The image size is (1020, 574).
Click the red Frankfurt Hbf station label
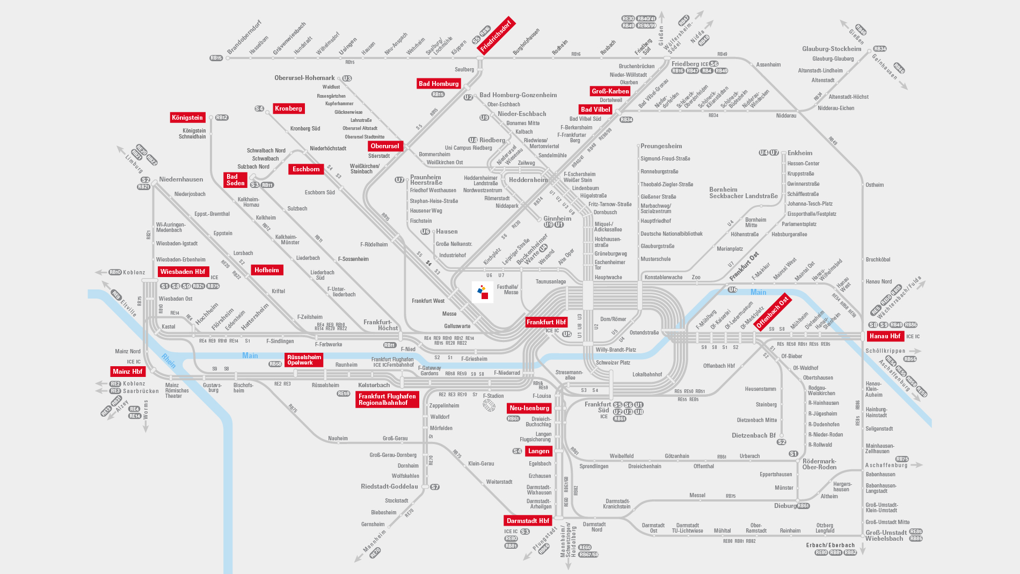pyautogui.click(x=546, y=322)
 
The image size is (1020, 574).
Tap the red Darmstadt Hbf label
pyautogui.click(x=528, y=521)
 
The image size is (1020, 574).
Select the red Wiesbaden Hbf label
pyautogui.click(x=183, y=272)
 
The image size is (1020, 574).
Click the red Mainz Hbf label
pyautogui.click(x=127, y=372)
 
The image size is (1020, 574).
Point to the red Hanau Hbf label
pyautogui.click(x=885, y=336)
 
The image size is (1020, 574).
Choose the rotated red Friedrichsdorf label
pyautogui.click(x=496, y=36)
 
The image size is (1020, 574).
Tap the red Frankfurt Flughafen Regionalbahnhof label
pyautogui.click(x=387, y=399)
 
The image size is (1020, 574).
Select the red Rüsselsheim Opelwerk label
pyautogui.click(x=304, y=360)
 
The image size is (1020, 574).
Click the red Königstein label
pyautogui.click(x=187, y=118)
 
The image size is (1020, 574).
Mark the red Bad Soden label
pyautogui.click(x=235, y=180)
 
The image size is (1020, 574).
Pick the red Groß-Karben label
pyautogui.click(x=610, y=91)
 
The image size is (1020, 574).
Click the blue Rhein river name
pyautogui.click(x=169, y=361)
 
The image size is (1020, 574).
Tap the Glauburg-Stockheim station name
pyautogui.click(x=832, y=49)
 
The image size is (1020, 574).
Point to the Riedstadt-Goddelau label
pyautogui.click(x=389, y=486)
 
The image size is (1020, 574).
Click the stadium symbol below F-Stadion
pyautogui.click(x=489, y=405)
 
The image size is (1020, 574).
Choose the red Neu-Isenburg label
pyautogui.click(x=529, y=408)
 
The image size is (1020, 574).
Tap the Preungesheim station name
pyautogui.click(x=661, y=146)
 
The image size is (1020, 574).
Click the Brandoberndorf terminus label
pyautogui.click(x=244, y=38)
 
